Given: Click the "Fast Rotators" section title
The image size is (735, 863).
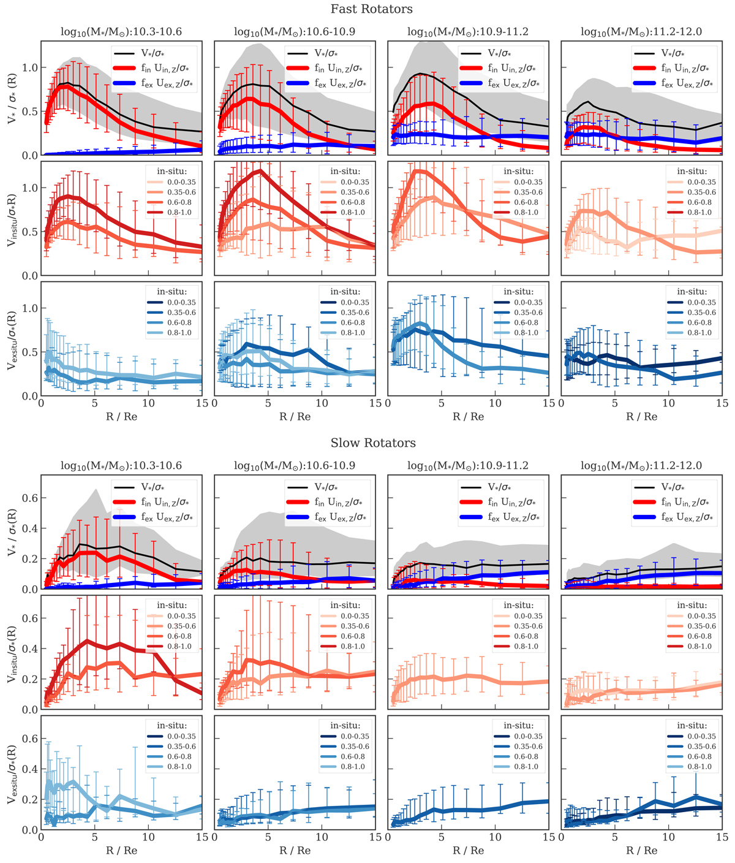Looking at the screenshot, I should pos(371,9).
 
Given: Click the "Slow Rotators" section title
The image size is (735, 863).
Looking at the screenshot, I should pos(373,443).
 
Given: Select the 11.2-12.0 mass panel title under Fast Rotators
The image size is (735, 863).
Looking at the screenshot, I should pos(641,32).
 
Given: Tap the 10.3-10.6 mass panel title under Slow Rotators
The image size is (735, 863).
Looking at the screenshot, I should pos(121,466).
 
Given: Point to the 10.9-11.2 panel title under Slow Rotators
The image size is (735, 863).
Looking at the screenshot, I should pos(468,466).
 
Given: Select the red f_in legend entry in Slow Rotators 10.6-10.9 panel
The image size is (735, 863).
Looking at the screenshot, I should pos(328,503).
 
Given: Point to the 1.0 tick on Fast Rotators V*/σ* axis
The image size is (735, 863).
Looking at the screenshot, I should pos(30,67).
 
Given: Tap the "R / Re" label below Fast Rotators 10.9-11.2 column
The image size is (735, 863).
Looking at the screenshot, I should pos(468,417).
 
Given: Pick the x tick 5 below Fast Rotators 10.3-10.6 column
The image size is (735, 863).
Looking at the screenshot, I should pos(94,403).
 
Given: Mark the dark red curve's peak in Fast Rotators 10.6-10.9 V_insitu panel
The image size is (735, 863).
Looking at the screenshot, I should pos(261,170).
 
